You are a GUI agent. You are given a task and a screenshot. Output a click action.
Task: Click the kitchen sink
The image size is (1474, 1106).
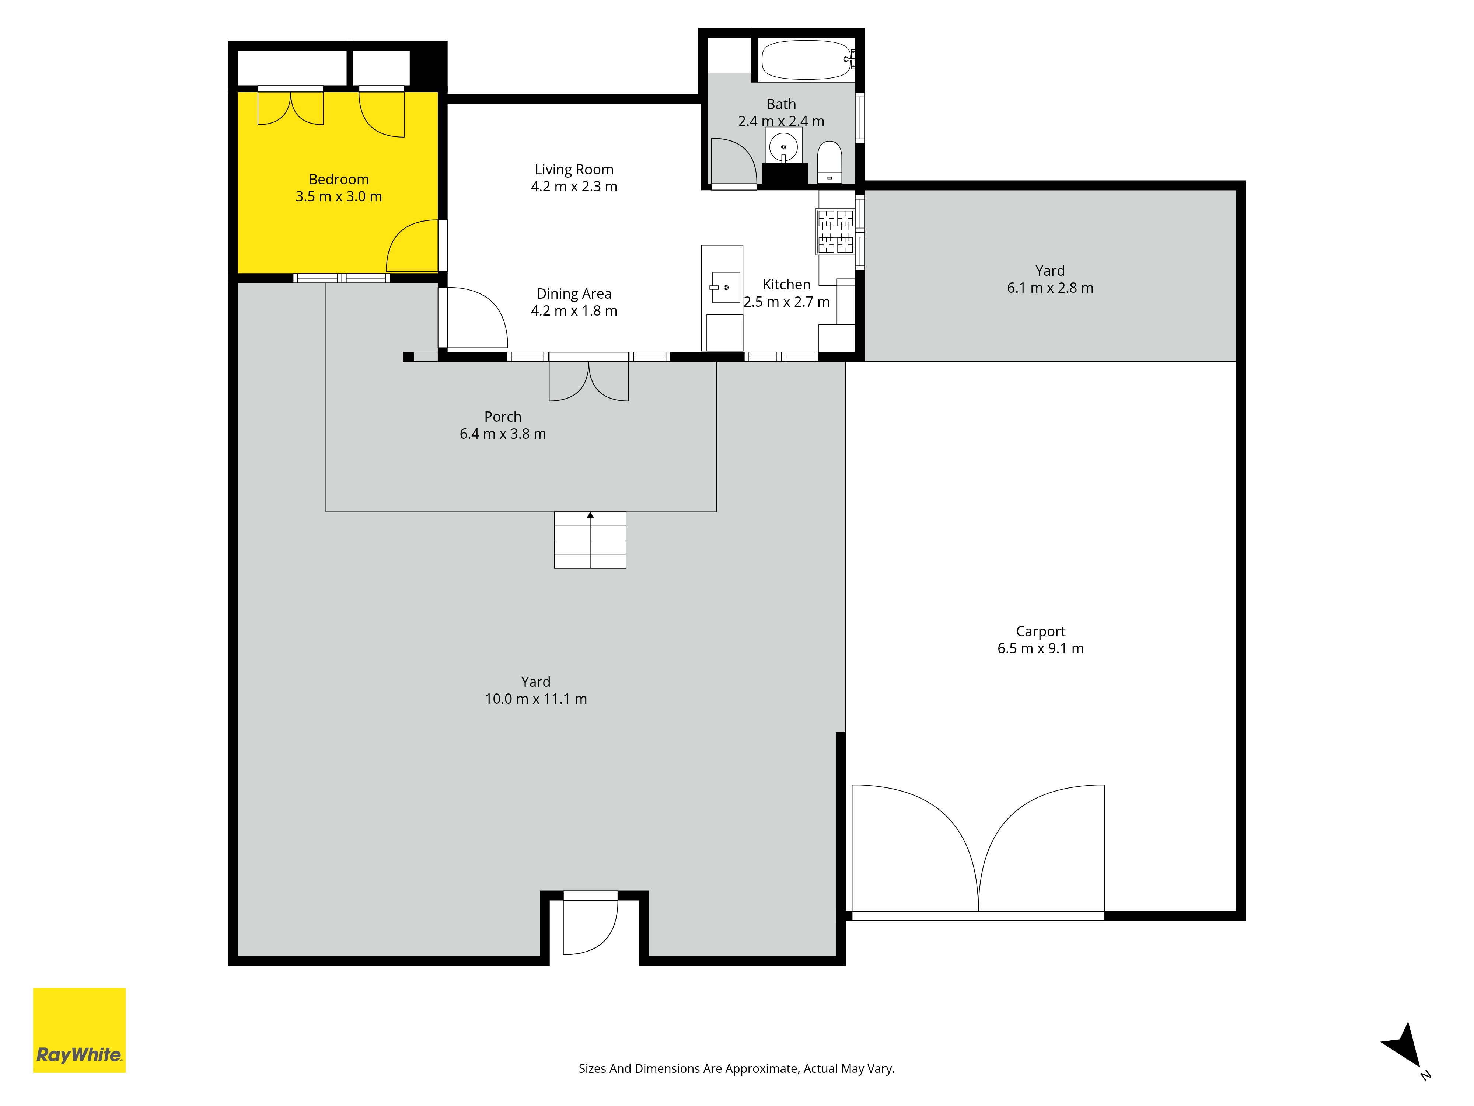click(725, 287)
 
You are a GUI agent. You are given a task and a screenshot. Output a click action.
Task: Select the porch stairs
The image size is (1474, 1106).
click(590, 540)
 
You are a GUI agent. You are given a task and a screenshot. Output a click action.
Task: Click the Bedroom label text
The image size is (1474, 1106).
click(339, 179)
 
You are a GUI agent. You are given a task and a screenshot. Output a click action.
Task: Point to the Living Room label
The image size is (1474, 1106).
click(574, 169)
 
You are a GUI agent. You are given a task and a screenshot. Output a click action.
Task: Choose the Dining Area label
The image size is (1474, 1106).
click(574, 293)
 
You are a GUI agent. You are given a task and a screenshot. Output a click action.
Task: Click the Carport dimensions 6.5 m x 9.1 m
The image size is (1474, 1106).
click(1040, 648)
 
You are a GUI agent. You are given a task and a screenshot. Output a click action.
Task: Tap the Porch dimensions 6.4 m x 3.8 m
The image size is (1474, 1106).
click(502, 433)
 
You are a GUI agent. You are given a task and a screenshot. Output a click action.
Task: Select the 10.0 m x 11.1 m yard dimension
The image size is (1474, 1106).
click(536, 699)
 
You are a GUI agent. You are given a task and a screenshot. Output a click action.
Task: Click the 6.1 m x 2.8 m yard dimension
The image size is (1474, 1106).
click(1050, 287)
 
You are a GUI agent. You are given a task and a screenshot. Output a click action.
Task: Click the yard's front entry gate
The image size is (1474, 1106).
click(590, 927)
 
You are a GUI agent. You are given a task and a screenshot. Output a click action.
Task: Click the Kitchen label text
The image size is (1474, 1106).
click(786, 284)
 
